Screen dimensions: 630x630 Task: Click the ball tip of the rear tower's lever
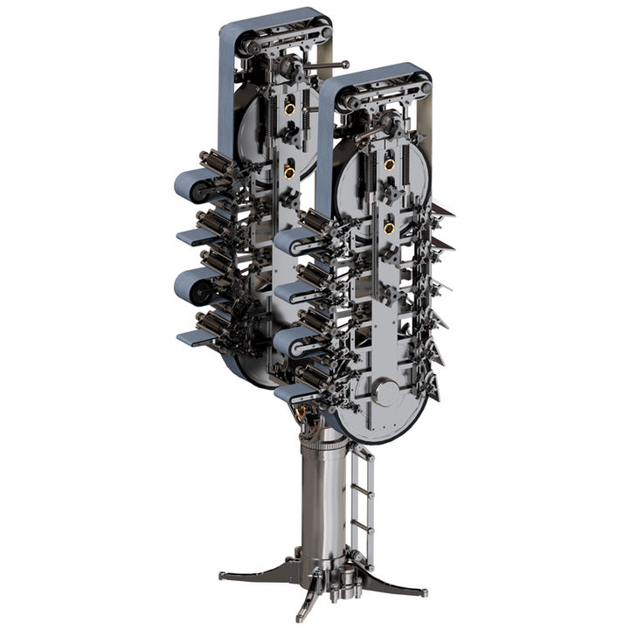point(346,65)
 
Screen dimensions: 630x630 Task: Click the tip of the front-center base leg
point(300,616)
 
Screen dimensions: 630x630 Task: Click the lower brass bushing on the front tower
point(388,228)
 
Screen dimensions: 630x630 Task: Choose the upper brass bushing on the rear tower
point(288,110)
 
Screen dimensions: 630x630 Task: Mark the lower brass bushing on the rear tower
point(288,172)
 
